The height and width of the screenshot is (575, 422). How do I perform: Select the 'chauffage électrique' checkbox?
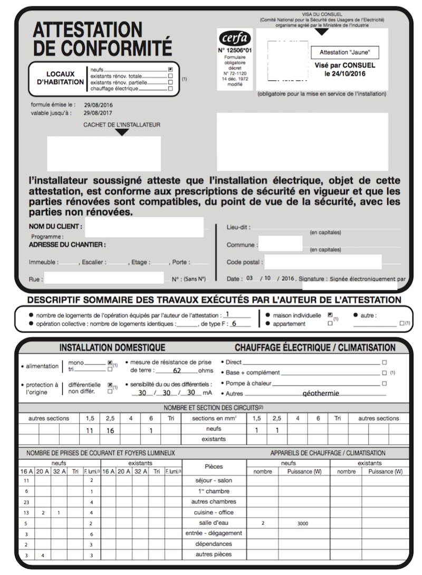coord(170,89)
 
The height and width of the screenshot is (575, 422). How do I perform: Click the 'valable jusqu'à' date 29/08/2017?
coord(98,113)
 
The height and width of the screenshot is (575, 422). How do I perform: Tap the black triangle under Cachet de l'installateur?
coord(122,133)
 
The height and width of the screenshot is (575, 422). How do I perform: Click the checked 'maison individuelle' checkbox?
coord(330,315)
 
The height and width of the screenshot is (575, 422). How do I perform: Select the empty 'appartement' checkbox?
coord(330,323)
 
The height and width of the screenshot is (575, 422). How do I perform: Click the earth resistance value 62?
coord(177,371)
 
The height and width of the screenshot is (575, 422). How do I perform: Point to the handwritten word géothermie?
coord(321,393)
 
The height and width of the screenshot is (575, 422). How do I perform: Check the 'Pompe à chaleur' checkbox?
coord(384,383)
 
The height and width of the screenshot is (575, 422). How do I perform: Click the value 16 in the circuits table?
coord(110,430)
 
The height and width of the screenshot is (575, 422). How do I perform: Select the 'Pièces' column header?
coord(213,467)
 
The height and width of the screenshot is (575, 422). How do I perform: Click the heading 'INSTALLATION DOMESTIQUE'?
coord(112,348)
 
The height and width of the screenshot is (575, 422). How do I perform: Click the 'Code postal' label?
coord(244,262)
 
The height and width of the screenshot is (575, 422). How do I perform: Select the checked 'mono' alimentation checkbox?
coord(110,363)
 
